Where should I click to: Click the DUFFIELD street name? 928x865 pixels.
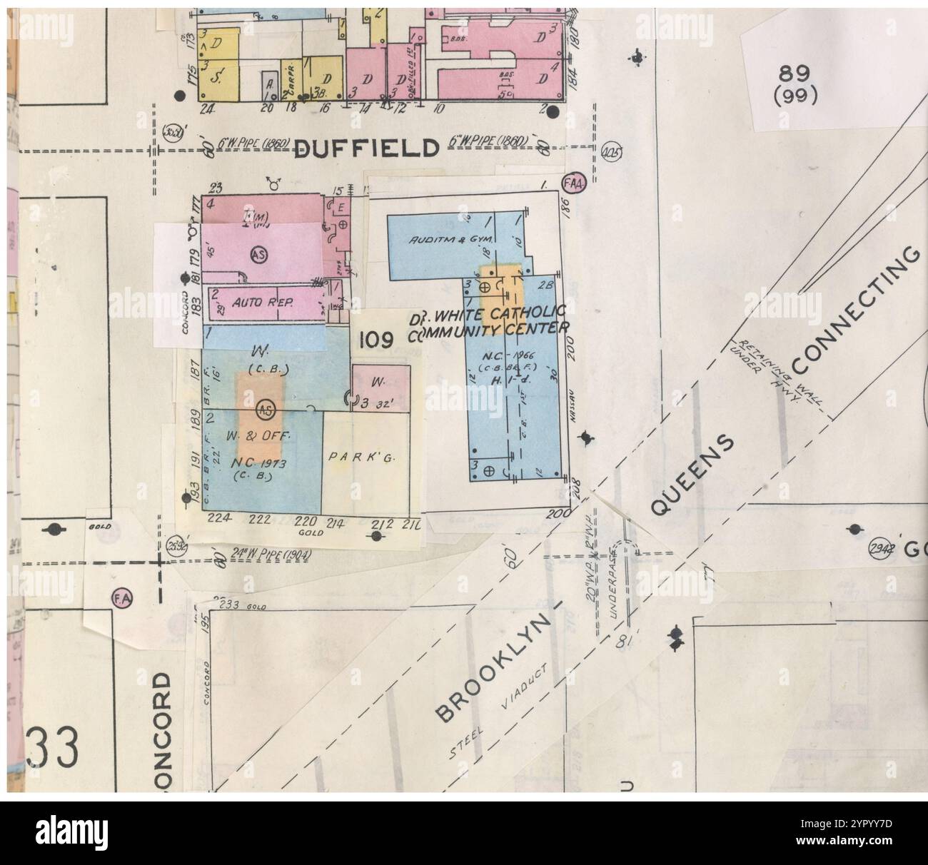click(x=365, y=148)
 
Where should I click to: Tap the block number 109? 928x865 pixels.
click(x=375, y=340)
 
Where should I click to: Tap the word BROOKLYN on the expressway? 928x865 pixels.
click(x=493, y=669)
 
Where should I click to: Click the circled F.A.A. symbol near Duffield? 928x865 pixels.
click(x=574, y=183)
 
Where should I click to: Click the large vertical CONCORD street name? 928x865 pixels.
click(x=162, y=728)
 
